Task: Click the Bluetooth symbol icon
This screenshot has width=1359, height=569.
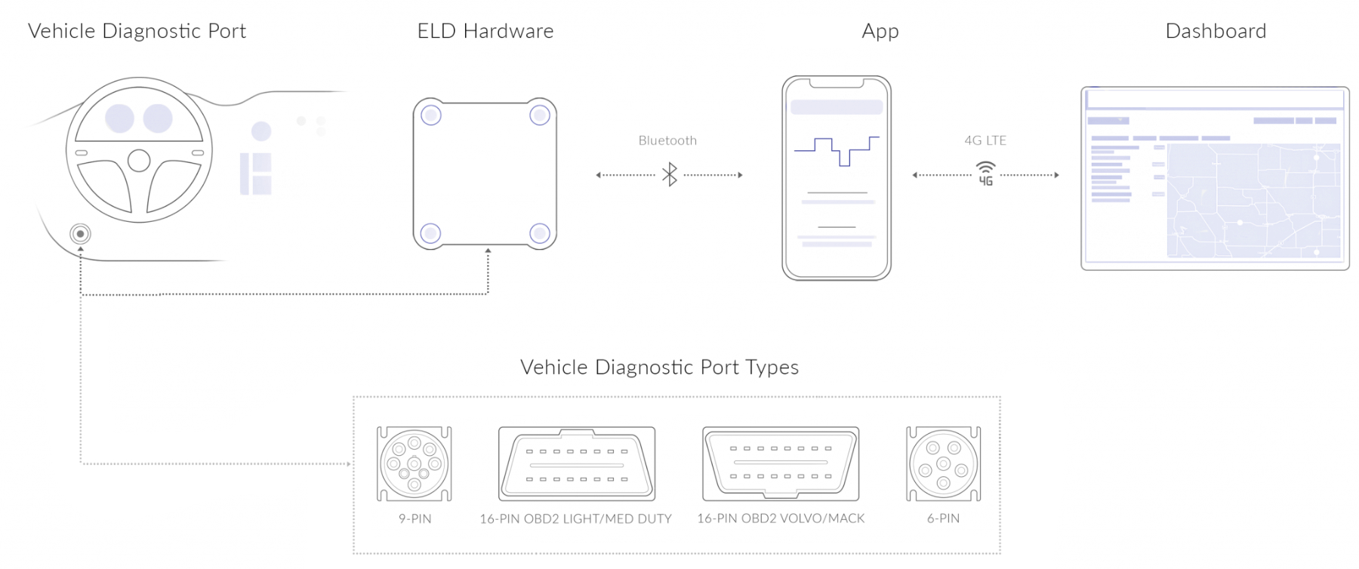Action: pyautogui.click(x=669, y=174)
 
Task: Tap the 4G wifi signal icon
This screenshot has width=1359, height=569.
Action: pyautogui.click(x=985, y=174)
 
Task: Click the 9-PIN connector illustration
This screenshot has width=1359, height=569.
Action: pyautogui.click(x=414, y=463)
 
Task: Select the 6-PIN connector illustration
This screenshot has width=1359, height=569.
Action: pyautogui.click(x=943, y=463)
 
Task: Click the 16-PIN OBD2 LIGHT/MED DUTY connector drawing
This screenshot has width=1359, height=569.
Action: pyautogui.click(x=576, y=463)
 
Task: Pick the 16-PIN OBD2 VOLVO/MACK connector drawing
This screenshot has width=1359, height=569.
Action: pyautogui.click(x=781, y=463)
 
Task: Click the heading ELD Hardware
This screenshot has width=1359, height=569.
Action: pyautogui.click(x=485, y=31)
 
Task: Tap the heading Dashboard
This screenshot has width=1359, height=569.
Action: pyautogui.click(x=1216, y=31)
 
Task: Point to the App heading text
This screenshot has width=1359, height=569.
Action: pyautogui.click(x=880, y=31)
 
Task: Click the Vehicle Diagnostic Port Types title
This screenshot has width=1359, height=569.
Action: pyautogui.click(x=659, y=368)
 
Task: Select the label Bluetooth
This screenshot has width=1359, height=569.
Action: pyautogui.click(x=667, y=140)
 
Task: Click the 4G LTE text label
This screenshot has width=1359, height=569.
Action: pyautogui.click(x=985, y=140)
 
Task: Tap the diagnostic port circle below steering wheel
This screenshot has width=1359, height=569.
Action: pyautogui.click(x=80, y=234)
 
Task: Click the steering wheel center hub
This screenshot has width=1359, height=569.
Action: pyautogui.click(x=139, y=160)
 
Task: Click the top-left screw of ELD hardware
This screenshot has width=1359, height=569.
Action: pyautogui.click(x=431, y=115)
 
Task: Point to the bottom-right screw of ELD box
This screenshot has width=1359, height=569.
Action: pyautogui.click(x=539, y=233)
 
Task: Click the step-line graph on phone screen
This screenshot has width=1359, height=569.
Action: pyautogui.click(x=837, y=150)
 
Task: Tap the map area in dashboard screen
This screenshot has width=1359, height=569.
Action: pyautogui.click(x=1253, y=200)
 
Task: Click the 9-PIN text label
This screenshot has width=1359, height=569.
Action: pyautogui.click(x=414, y=518)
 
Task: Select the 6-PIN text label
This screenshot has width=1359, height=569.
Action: pyautogui.click(x=943, y=518)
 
